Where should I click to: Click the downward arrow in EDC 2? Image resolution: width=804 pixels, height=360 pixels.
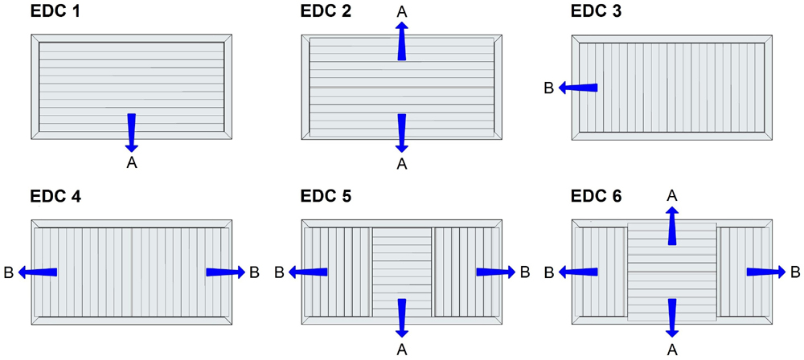point(402,133)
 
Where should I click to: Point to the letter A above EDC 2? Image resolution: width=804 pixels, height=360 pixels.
point(402,10)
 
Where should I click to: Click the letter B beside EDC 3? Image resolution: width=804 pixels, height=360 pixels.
point(549,88)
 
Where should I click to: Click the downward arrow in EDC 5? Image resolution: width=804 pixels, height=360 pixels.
point(402,317)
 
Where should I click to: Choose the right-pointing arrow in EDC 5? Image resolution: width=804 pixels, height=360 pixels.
point(495,272)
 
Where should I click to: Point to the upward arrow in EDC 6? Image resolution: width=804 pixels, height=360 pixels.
point(672,225)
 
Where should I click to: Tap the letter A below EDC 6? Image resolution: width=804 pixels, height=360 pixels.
point(672,348)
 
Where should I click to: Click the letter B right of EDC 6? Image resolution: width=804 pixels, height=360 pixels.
point(795,272)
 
